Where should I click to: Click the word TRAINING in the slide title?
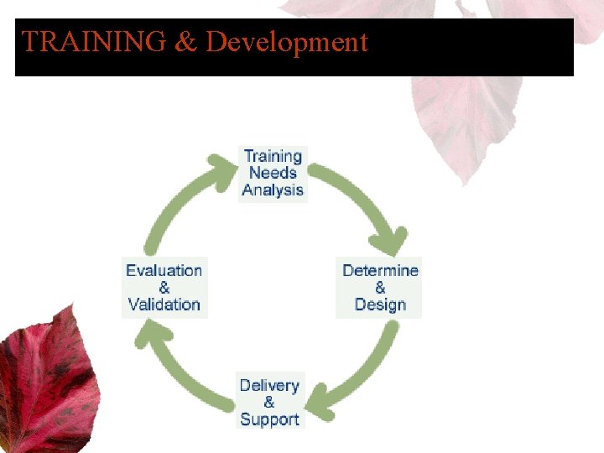pyautogui.click(x=93, y=42)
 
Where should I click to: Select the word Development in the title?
pyautogui.click(x=287, y=42)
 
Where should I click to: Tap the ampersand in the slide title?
pyautogui.click(x=185, y=42)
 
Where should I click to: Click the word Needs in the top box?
pyautogui.click(x=273, y=173)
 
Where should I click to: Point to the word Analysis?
pyautogui.click(x=273, y=190)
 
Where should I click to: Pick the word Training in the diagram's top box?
pyautogui.click(x=273, y=156)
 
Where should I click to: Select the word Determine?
pyautogui.click(x=380, y=270)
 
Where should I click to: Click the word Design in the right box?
pyautogui.click(x=380, y=305)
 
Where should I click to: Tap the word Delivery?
pyautogui.click(x=269, y=385)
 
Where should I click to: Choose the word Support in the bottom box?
pyautogui.click(x=269, y=419)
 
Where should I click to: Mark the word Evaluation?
pyautogui.click(x=164, y=270)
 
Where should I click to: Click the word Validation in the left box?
pyautogui.click(x=164, y=305)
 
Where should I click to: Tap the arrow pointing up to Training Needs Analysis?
pyautogui.click(x=176, y=201)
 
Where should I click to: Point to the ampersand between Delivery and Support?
pyautogui.click(x=269, y=402)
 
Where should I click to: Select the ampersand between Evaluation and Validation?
pyautogui.click(x=164, y=288)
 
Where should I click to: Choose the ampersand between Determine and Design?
pyautogui.click(x=380, y=288)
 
